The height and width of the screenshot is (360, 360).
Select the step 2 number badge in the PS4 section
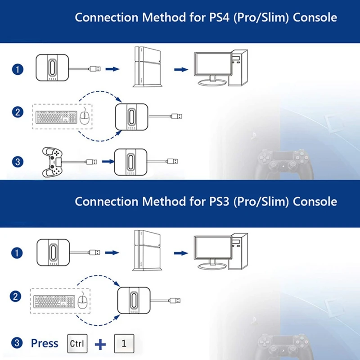tap(17, 112)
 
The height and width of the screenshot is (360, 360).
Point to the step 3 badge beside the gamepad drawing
tap(17, 161)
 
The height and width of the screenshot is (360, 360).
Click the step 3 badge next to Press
tap(17, 343)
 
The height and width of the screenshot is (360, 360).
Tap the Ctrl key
tap(77, 343)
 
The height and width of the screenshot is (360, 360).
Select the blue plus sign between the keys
tap(101, 344)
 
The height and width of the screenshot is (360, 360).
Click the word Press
tap(45, 343)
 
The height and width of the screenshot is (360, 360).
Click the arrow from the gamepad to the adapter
tap(106, 161)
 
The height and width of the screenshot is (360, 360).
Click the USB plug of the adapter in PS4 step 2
tap(177, 117)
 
